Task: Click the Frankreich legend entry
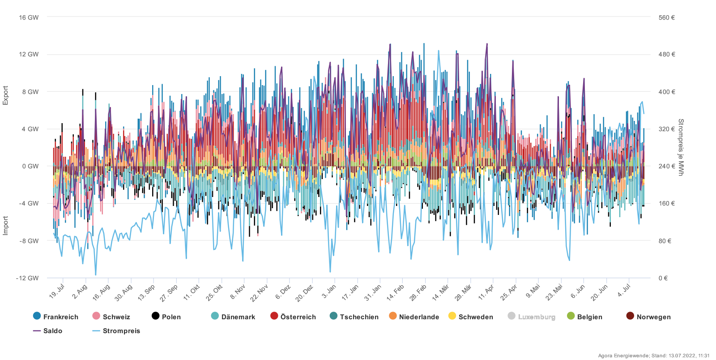56,317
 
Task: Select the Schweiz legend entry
111,317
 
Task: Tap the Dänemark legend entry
233,317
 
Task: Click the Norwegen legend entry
648,317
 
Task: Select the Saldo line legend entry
48,330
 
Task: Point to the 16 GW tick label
29,17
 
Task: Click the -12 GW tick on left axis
27,278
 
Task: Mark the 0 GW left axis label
30,166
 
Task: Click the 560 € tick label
666,17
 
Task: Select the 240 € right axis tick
666,166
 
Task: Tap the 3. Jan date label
329,291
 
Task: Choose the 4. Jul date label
624,291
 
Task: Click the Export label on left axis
6,95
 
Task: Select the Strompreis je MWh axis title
681,147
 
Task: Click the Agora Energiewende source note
653,356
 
